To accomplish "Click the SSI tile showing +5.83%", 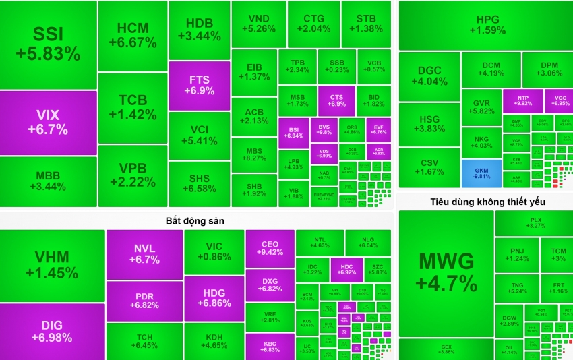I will point(48,44).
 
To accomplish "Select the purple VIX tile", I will point(48,122).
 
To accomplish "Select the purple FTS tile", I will point(199,86).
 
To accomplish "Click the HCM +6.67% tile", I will point(133,35).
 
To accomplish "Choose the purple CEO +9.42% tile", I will point(270,249).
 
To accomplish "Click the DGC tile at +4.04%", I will point(429,76).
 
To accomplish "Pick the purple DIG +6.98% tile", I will point(52,331).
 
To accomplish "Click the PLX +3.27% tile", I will point(536,222).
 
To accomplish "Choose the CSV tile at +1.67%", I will point(429,167).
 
